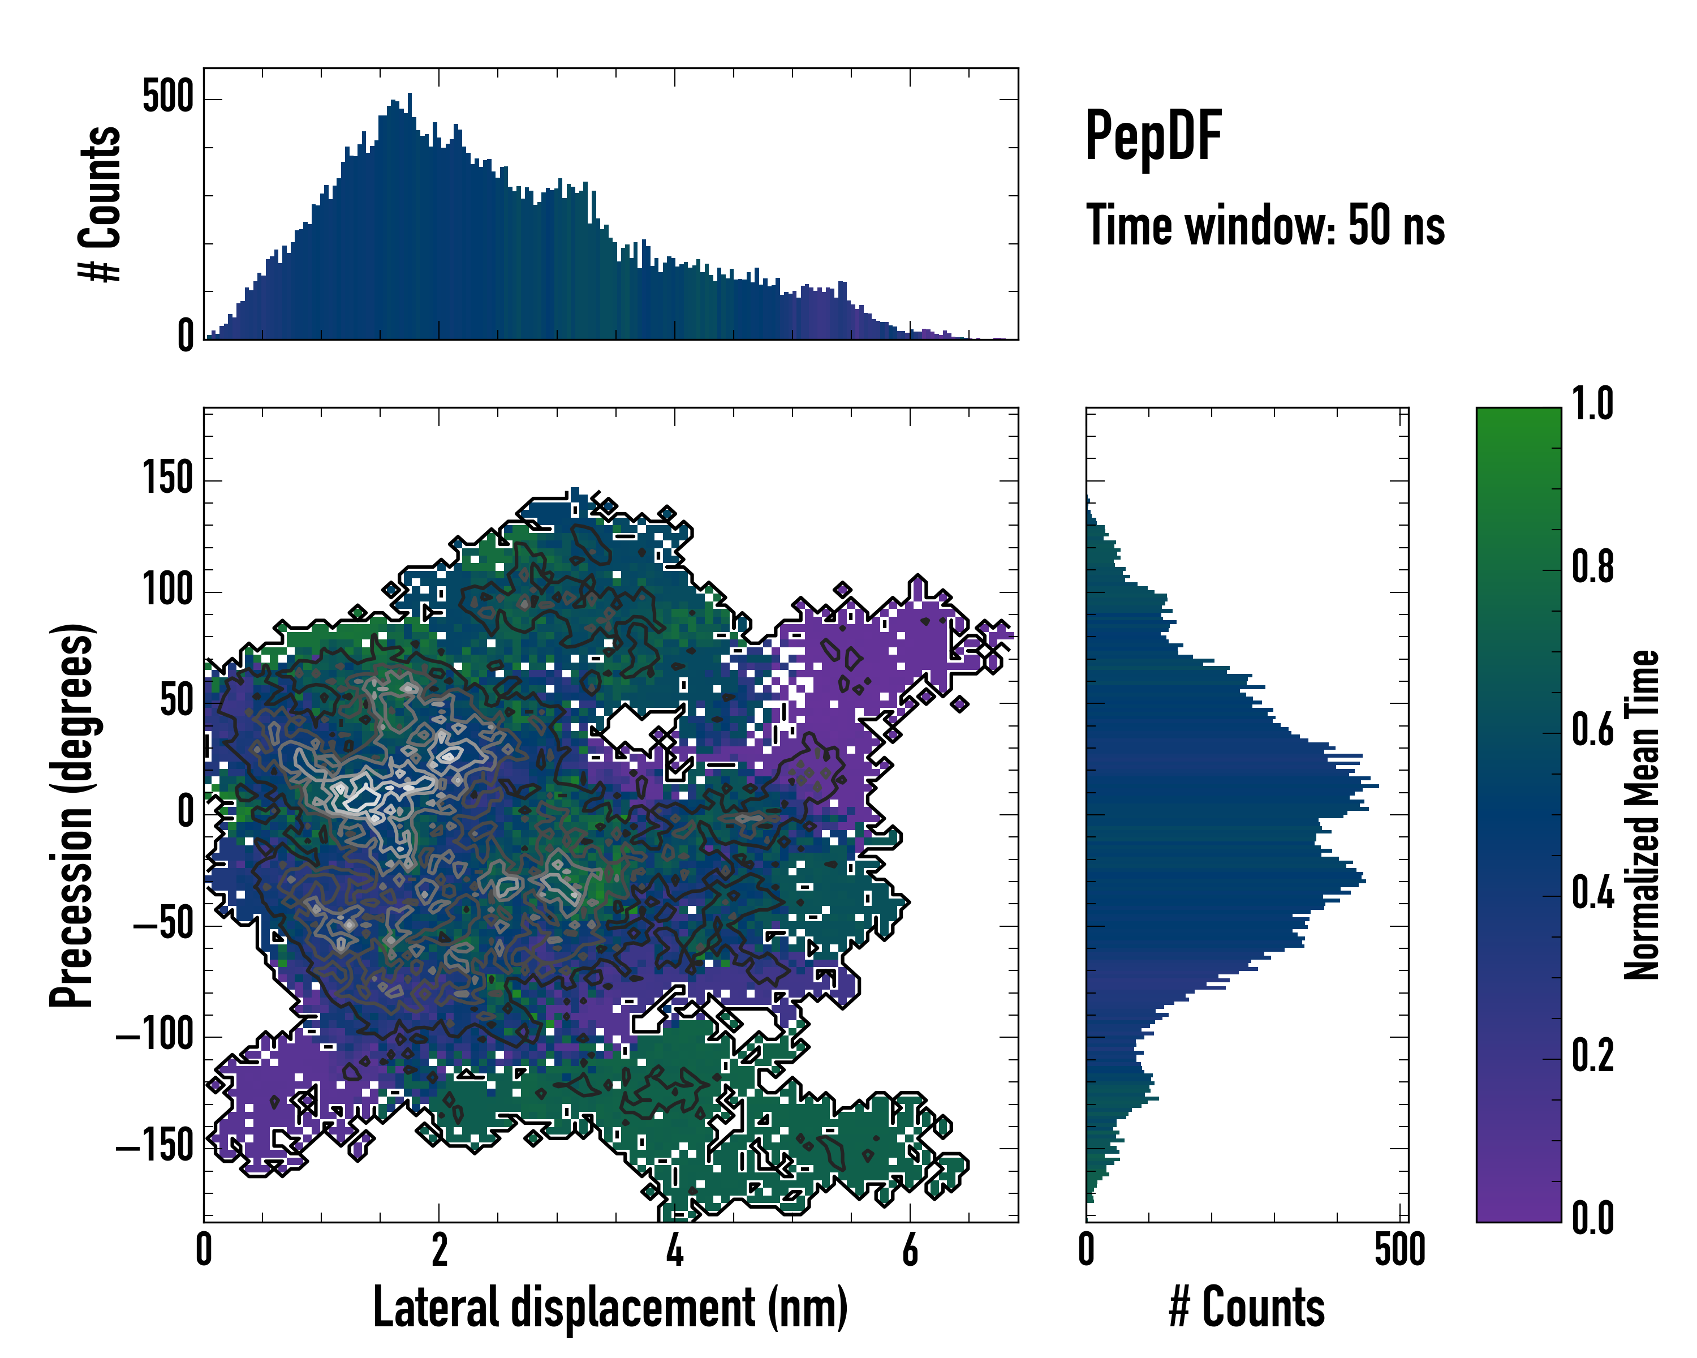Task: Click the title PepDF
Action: point(1153,136)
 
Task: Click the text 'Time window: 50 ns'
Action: point(1265,226)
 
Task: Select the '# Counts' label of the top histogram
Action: point(101,204)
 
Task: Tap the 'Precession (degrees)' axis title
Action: point(72,815)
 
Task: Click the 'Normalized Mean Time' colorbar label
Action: point(1642,815)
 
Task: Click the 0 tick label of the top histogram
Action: point(185,337)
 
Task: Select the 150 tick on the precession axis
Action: point(167,479)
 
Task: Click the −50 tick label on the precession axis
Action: point(163,923)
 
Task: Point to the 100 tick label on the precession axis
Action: point(167,590)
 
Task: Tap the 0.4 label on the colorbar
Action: point(1592,895)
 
